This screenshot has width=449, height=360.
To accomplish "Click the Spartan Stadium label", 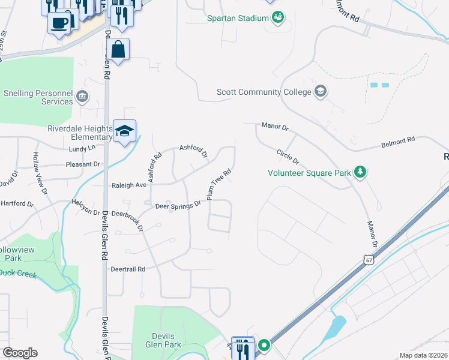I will (238, 19).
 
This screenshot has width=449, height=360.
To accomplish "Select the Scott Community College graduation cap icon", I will (321, 91).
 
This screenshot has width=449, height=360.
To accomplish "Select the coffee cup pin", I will (59, 23).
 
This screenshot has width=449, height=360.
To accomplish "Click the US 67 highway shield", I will (368, 259).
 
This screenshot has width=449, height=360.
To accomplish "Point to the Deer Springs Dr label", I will (178, 206).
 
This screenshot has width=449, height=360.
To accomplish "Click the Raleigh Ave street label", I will (129, 186).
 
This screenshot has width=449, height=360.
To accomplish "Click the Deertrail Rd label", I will (128, 269).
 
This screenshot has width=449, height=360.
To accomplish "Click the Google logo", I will (20, 353).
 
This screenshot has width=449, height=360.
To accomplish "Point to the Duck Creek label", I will (18, 274).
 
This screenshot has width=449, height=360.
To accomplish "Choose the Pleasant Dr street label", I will (83, 164).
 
